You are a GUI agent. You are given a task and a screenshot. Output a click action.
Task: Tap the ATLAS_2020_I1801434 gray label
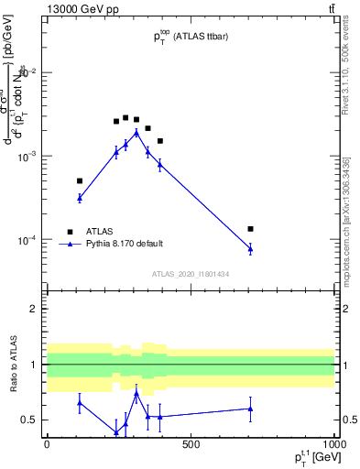point(190,274)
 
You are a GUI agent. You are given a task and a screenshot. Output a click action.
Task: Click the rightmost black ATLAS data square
point(250,228)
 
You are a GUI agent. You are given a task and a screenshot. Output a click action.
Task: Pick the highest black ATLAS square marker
point(125,117)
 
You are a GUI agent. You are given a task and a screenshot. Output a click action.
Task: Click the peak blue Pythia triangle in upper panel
point(136,132)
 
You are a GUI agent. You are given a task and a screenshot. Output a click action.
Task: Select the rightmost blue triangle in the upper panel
point(250,248)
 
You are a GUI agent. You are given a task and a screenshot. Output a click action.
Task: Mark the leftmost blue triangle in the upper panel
point(80,198)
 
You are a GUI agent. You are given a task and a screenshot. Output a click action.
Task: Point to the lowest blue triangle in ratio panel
point(116,431)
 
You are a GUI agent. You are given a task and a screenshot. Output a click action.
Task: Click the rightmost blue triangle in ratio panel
point(250,409)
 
